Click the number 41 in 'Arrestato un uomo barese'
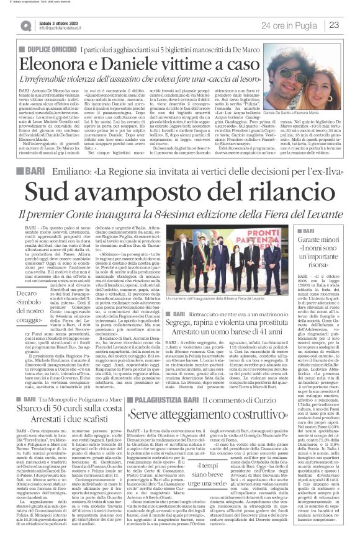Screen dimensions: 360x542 click(x=266, y=339)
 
